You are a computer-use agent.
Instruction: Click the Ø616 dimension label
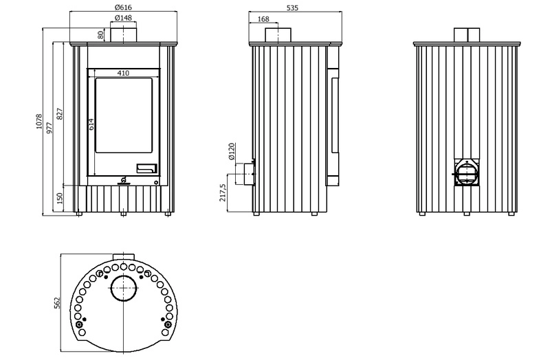[x=124, y=7]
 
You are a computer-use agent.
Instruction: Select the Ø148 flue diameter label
[x=123, y=18]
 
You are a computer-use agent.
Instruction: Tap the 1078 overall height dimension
[x=39, y=122]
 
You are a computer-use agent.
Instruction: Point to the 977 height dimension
[x=49, y=128]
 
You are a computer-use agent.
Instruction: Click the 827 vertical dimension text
[x=60, y=113]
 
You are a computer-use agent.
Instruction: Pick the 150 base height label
[x=60, y=198]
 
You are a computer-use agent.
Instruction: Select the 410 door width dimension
[x=123, y=74]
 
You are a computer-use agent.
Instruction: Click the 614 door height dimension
[x=91, y=124]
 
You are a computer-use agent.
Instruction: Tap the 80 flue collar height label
[x=100, y=35]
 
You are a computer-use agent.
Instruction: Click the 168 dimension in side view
[x=263, y=19]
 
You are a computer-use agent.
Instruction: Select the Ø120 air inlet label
[x=232, y=151]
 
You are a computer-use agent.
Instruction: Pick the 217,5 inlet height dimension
[x=223, y=192]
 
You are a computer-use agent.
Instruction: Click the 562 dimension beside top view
[x=57, y=303]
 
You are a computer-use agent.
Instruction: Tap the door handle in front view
[x=146, y=168]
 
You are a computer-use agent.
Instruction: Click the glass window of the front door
[x=124, y=115]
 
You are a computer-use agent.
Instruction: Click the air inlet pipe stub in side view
[x=245, y=174]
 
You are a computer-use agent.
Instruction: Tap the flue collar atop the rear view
[x=467, y=35]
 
